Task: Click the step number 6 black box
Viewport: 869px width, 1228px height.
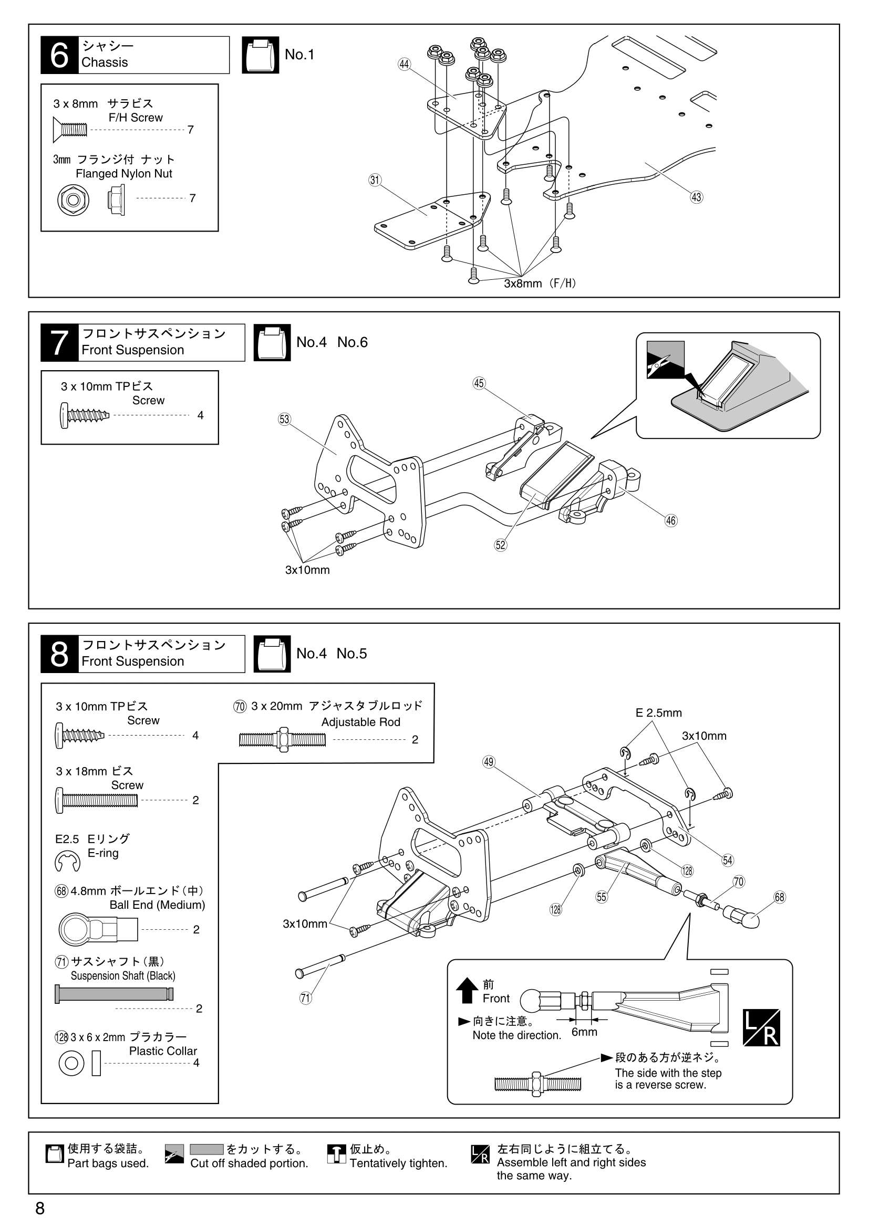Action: tap(59, 55)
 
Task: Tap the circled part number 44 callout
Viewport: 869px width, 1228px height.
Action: tap(404, 64)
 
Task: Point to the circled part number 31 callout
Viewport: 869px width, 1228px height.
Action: tap(375, 180)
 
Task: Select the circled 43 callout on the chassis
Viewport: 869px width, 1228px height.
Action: tap(696, 197)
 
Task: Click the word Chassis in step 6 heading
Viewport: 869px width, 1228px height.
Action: tap(105, 62)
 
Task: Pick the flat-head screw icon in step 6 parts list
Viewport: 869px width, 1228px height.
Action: tap(70, 130)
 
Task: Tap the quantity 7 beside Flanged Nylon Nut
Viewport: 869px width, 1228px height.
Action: tap(193, 198)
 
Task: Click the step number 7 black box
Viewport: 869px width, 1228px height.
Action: tap(59, 342)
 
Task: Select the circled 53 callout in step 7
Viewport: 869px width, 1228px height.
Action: tap(284, 419)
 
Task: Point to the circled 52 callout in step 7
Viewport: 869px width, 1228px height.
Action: tap(500, 544)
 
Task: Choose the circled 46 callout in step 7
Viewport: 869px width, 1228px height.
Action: tap(671, 520)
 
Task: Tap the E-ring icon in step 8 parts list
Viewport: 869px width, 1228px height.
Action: tap(67, 861)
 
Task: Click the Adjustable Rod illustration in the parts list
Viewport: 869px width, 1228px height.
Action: tap(282, 740)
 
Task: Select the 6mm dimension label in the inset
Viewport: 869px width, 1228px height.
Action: tap(584, 1032)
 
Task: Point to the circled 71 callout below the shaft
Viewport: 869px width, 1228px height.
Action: tap(306, 998)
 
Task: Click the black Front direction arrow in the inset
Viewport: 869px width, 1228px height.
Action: tap(467, 990)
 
